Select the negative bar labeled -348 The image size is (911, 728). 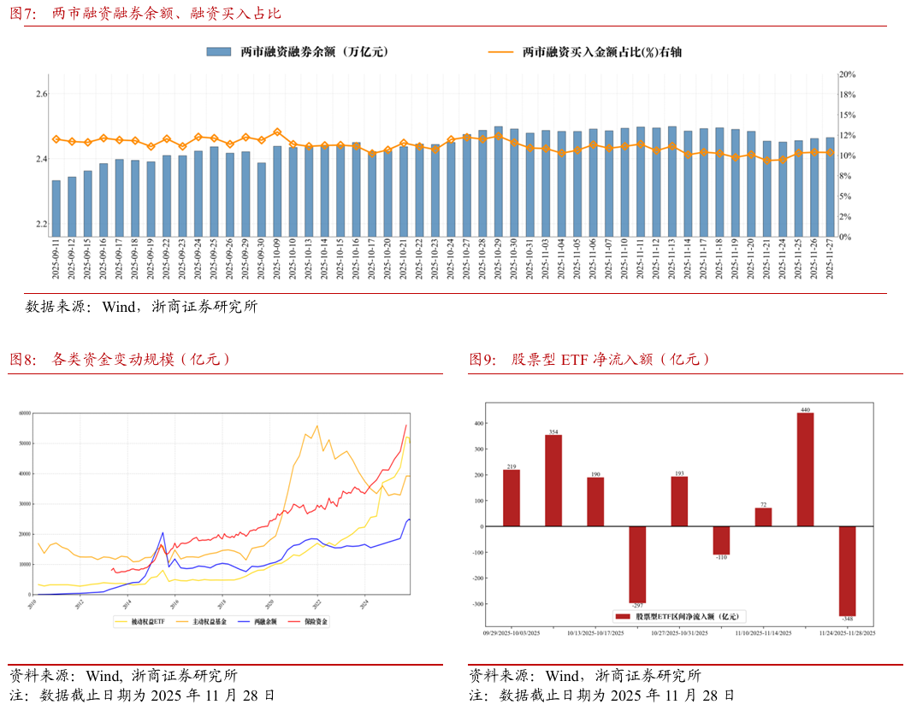(x=847, y=571)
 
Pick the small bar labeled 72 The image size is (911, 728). (x=763, y=517)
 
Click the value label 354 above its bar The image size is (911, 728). (x=553, y=432)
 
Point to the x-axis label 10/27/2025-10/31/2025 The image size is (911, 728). (x=678, y=633)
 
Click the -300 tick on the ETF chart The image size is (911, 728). (x=479, y=603)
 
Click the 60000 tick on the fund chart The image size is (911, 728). (x=24, y=413)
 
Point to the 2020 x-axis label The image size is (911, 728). (x=269, y=602)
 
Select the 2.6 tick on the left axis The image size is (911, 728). (x=41, y=94)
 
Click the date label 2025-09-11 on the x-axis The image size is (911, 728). (x=56, y=259)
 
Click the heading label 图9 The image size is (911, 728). (x=482, y=360)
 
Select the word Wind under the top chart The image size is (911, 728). (x=121, y=306)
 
